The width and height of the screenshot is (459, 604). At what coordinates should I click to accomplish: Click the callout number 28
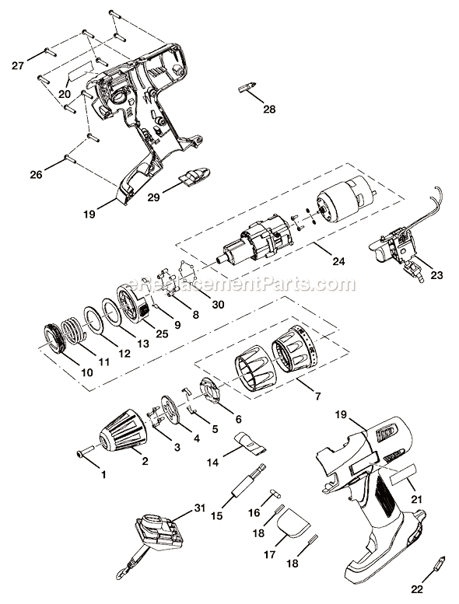(269, 110)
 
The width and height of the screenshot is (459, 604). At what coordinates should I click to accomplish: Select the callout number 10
(86, 372)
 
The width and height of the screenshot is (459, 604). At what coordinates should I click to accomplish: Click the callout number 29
(155, 198)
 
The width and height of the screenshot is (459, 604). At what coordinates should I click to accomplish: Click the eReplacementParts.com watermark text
(230, 284)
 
